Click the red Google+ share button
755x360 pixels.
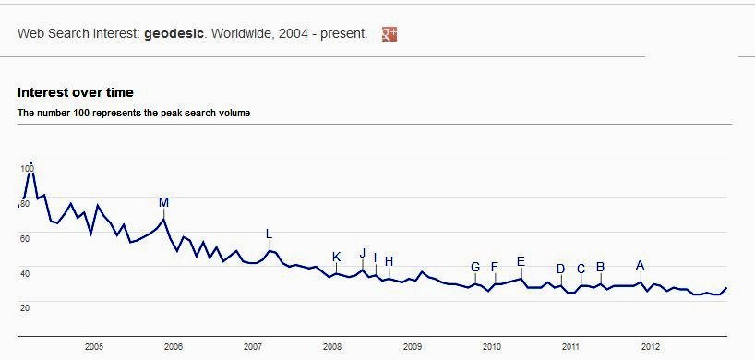(389, 34)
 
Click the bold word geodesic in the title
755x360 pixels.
(172, 34)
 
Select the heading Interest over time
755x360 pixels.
(76, 92)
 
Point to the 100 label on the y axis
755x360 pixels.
(26, 168)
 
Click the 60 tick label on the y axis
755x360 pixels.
(25, 238)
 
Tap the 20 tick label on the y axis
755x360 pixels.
(25, 307)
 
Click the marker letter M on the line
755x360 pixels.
(163, 203)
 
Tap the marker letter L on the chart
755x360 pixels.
(269, 234)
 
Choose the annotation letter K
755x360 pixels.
(336, 258)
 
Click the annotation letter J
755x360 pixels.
(363, 254)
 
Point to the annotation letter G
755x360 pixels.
(475, 268)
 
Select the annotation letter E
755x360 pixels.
(521, 261)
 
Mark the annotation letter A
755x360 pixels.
(640, 266)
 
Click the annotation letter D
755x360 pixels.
(560, 270)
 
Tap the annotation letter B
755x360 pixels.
(600, 268)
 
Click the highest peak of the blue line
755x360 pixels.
(31, 164)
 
